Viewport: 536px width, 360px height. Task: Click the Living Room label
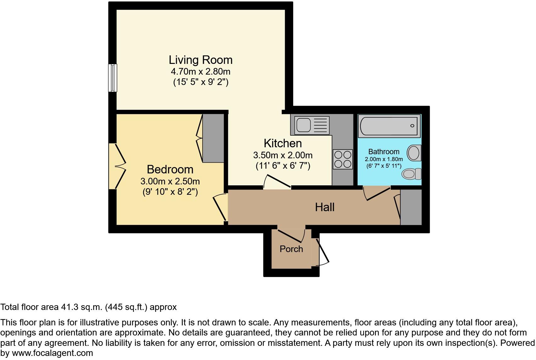click(200, 60)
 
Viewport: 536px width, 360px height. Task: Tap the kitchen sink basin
click(303, 125)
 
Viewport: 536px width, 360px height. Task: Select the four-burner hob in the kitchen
click(343, 159)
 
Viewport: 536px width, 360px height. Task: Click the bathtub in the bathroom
click(389, 126)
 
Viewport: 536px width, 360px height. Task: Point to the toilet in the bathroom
click(412, 174)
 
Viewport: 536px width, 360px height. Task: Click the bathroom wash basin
click(414, 153)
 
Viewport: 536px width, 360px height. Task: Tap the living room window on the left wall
click(113, 78)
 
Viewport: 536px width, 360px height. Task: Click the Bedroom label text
click(170, 169)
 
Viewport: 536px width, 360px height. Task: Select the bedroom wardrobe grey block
click(213, 138)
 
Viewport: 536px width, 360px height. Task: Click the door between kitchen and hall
click(277, 183)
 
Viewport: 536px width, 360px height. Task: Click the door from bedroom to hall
click(220, 208)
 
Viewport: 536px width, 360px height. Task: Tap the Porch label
click(291, 249)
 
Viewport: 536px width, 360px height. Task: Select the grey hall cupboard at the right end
click(411, 207)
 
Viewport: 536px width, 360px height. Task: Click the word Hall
click(325, 207)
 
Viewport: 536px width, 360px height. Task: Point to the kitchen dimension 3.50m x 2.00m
click(282, 155)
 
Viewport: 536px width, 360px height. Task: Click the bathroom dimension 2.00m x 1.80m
click(383, 159)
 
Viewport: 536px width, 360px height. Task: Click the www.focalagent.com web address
click(52, 353)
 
